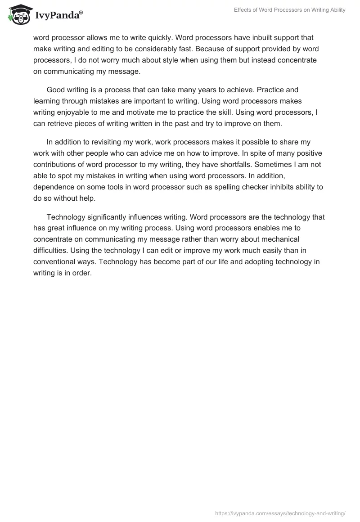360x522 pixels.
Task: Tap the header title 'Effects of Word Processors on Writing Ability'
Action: click(290, 10)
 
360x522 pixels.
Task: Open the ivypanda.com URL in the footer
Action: click(280, 512)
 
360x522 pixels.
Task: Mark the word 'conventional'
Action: click(56, 261)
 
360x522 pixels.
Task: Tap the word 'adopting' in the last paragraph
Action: click(255, 261)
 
